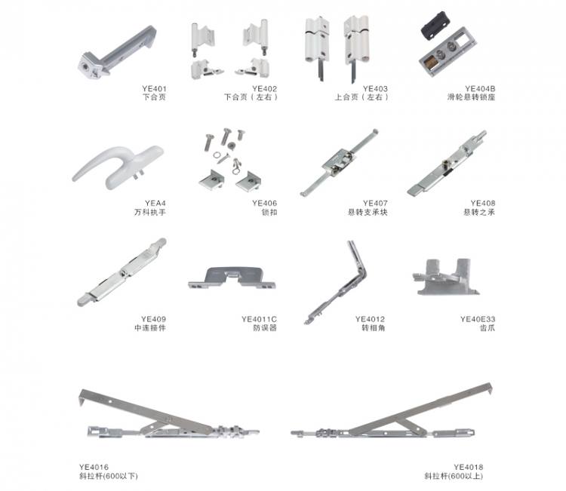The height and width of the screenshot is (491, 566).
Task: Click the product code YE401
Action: click(154, 89)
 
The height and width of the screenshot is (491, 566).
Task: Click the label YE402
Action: click(265, 89)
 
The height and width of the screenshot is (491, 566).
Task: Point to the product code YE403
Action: click(375, 89)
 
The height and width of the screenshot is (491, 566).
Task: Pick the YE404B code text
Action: click(480, 89)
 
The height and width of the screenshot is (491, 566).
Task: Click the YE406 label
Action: click(265, 204)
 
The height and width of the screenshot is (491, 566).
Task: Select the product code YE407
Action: click(375, 204)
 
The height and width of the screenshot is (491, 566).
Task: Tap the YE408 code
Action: click(483, 204)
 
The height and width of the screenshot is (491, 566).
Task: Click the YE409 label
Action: click(154, 319)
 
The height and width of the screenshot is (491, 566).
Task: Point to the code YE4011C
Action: click(259, 319)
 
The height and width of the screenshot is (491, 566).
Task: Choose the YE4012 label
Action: click(370, 319)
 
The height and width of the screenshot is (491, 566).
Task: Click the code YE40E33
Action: click(478, 319)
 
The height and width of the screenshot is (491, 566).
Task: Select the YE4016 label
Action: click(94, 468)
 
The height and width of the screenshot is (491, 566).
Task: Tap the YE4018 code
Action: click(468, 468)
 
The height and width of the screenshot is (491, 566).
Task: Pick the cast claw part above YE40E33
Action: click(446, 277)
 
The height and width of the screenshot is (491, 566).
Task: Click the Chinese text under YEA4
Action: click(150, 213)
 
